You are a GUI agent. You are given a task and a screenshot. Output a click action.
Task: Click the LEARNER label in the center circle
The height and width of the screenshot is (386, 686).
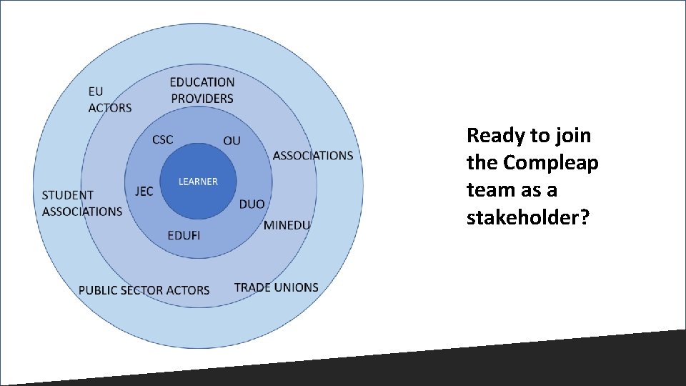[x=198, y=182]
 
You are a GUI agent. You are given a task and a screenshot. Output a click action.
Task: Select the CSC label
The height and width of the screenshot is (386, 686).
[x=163, y=139]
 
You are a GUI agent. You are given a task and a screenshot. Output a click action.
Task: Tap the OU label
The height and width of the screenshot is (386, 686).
[x=232, y=140]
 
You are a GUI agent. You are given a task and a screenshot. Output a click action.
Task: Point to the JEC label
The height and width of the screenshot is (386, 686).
[x=144, y=191]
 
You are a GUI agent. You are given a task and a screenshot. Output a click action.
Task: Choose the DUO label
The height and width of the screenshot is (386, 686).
[x=252, y=204]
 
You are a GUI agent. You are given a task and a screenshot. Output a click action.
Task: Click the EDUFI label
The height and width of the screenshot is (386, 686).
[x=184, y=235]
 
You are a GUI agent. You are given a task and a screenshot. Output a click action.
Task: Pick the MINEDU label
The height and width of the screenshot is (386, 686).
[x=287, y=225]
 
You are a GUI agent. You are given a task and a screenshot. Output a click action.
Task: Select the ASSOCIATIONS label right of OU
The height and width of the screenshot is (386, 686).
[x=313, y=155]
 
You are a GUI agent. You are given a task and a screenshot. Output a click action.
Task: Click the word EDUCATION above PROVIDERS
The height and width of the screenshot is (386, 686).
[x=202, y=82]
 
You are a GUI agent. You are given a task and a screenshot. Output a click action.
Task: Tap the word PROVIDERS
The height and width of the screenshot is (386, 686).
[x=202, y=98]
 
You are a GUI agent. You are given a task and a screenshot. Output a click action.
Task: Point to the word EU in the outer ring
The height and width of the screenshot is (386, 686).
[x=96, y=91]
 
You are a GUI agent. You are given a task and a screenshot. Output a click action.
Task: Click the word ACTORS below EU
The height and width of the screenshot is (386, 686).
[x=110, y=108]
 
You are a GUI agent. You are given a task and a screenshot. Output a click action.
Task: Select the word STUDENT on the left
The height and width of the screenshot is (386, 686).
[x=68, y=194]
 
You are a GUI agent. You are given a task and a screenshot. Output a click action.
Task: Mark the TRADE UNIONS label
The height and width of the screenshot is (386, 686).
[x=276, y=287]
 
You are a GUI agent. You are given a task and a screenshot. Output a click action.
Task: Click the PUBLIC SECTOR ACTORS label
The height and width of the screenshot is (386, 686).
[x=144, y=289]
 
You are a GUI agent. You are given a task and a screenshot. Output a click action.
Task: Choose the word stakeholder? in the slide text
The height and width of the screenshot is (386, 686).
[x=528, y=217]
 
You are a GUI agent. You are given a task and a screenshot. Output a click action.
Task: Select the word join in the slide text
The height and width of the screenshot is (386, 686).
[x=571, y=136]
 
